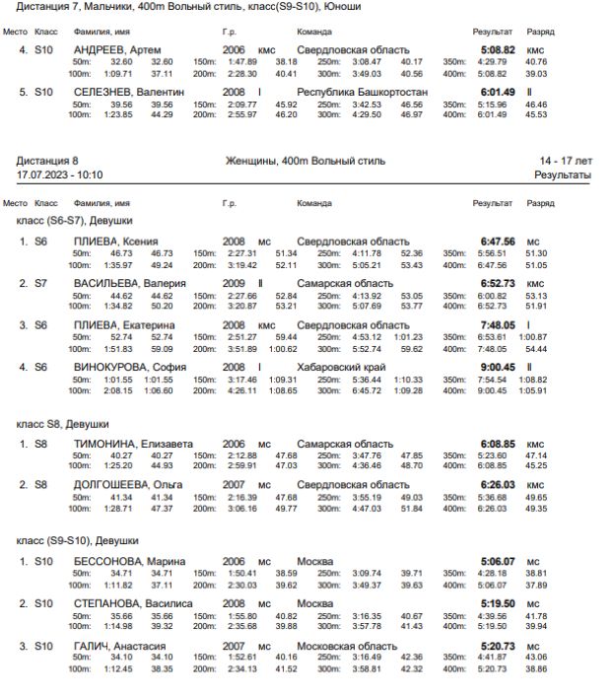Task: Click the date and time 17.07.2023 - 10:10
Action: click(59, 174)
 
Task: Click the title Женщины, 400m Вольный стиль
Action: click(306, 161)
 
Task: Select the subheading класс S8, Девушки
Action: click(63, 423)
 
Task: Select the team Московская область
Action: click(347, 646)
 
